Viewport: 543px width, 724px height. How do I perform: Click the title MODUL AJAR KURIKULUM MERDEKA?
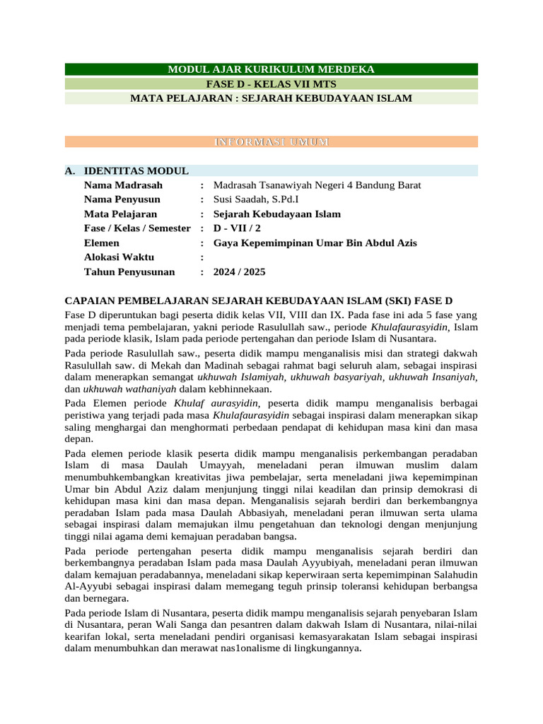point(271,69)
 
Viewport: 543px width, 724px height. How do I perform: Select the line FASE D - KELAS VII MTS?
point(271,83)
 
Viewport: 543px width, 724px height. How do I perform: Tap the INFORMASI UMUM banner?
point(271,142)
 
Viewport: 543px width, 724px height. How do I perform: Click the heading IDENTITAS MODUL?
point(136,171)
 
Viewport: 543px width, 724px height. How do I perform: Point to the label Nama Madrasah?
point(119,185)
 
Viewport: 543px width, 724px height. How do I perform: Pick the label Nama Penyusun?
point(122,199)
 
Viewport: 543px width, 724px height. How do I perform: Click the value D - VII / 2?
point(240,228)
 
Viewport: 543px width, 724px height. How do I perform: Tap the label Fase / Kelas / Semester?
point(137,228)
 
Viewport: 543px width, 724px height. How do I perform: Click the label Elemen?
point(103,243)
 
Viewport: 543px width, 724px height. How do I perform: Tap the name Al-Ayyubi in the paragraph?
point(85,587)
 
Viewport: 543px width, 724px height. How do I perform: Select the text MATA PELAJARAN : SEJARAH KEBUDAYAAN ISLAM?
point(271,98)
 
